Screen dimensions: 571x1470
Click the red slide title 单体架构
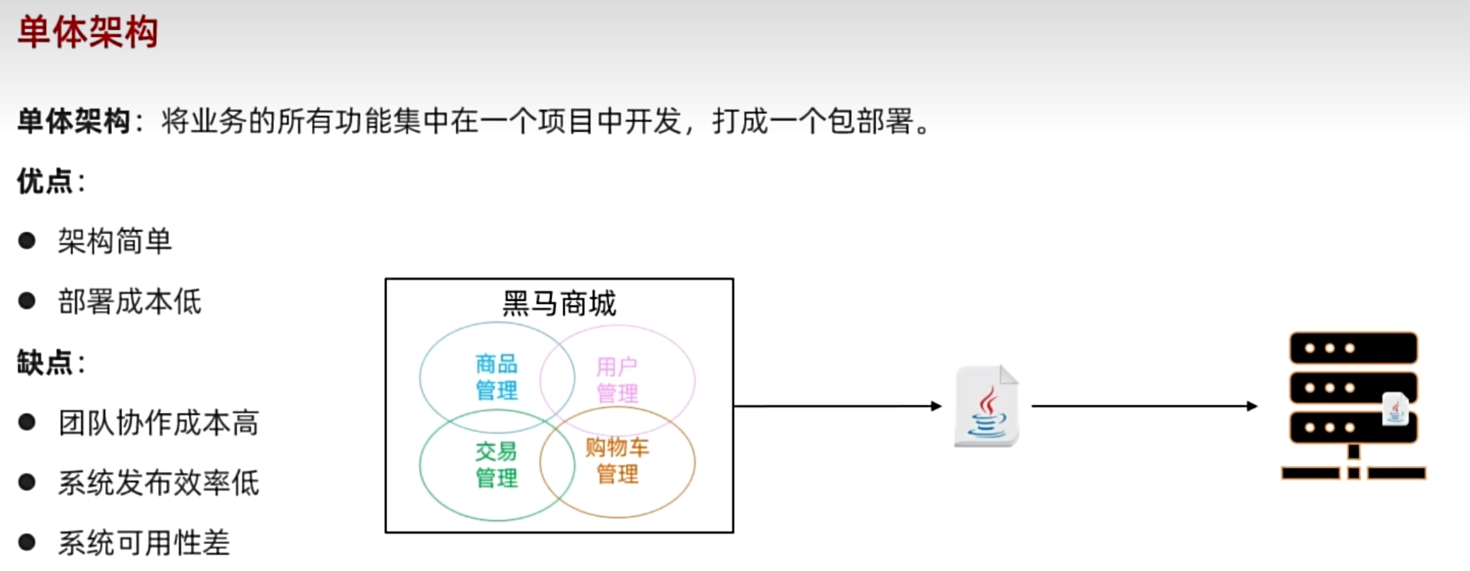88,31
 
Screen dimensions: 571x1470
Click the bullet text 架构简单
115,241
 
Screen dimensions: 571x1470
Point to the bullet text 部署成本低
130,302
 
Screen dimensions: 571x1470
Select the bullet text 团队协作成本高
159,423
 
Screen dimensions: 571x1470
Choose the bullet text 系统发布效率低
159,483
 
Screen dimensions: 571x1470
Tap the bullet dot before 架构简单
27,241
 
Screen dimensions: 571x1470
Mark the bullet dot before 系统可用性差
27,543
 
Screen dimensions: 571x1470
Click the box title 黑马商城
559,303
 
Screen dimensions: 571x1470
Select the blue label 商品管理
497,377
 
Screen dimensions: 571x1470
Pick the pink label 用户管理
617,380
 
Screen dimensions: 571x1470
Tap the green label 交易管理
497,465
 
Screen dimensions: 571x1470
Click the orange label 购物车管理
617,460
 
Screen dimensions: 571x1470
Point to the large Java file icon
987,406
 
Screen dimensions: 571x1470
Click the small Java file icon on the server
1395,409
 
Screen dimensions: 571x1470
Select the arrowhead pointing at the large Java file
937,406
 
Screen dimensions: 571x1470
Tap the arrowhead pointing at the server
1252,406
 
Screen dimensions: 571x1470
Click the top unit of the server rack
1354,348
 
